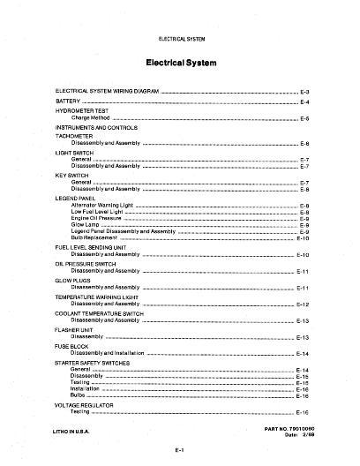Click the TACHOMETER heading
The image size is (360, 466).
point(77,135)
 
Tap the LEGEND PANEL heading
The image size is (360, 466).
point(78,199)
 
